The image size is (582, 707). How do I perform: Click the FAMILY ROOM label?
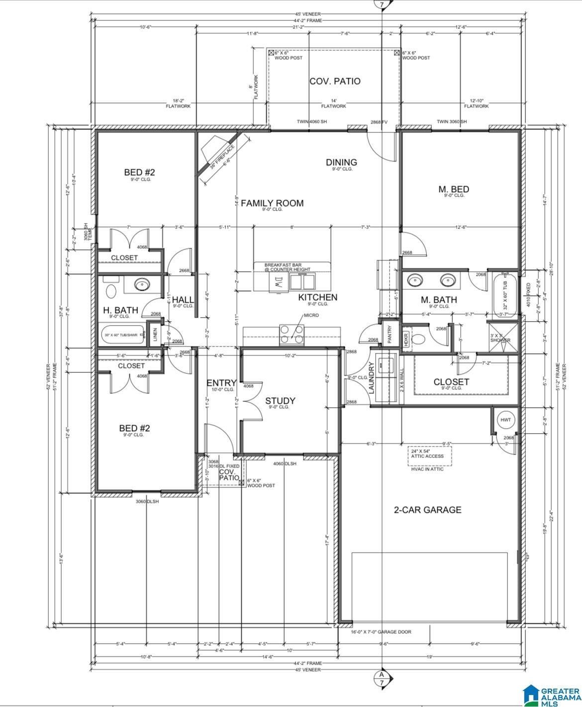pyautogui.click(x=272, y=203)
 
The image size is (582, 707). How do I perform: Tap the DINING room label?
pyautogui.click(x=341, y=162)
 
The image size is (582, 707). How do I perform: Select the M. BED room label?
pyautogui.click(x=454, y=189)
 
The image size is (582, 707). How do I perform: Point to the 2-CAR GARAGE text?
pyautogui.click(x=427, y=509)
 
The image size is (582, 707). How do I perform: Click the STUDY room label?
pyautogui.click(x=280, y=401)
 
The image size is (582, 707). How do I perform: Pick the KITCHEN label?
pyautogui.click(x=317, y=297)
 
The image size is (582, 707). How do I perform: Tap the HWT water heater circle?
pyautogui.click(x=505, y=420)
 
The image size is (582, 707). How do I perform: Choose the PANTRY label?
pyautogui.click(x=389, y=335)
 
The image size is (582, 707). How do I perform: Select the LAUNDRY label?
pyautogui.click(x=372, y=378)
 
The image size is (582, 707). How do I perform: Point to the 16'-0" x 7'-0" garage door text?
pyautogui.click(x=381, y=632)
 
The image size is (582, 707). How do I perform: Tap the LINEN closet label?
pyautogui.click(x=155, y=335)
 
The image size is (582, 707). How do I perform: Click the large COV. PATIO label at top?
pyautogui.click(x=335, y=81)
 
